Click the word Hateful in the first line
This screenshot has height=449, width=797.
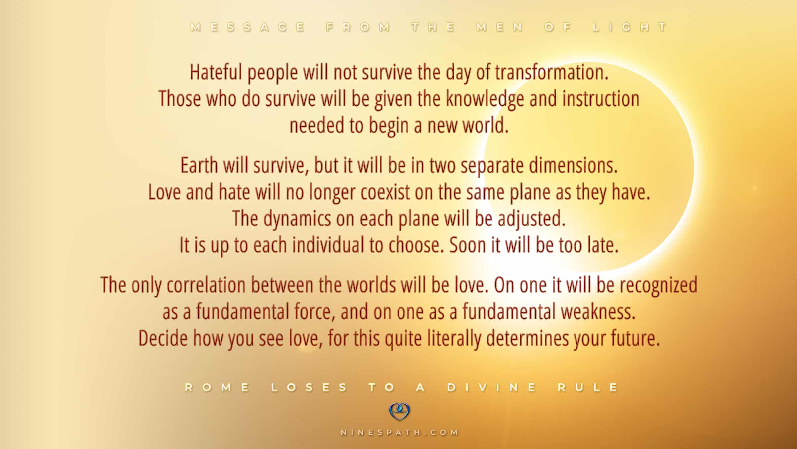[x=216, y=72]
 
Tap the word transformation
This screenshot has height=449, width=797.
[x=552, y=72]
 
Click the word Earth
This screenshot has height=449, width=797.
[x=199, y=165]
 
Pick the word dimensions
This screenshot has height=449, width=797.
[x=573, y=165]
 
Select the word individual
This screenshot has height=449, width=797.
[x=328, y=245]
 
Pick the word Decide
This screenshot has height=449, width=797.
[x=163, y=338]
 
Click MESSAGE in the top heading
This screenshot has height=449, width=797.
[x=248, y=27]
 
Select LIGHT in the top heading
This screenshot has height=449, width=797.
[x=630, y=27]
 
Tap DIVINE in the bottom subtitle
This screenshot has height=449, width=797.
[x=491, y=387]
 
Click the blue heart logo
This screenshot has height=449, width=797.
[x=399, y=411]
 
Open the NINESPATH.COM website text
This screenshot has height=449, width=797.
[x=399, y=432]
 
